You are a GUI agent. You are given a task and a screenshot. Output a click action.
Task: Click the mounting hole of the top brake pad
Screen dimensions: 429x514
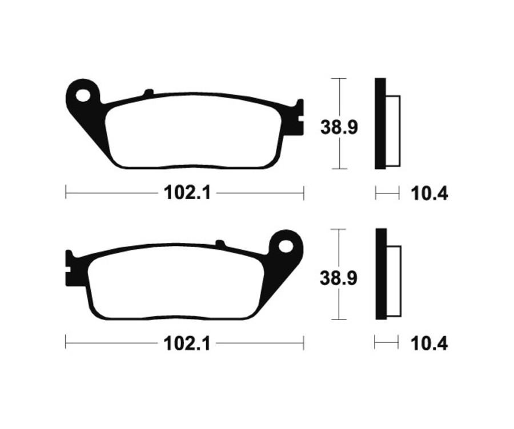pos(85,94)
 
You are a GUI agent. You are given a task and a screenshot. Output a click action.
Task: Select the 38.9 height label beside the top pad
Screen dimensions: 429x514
pos(339,127)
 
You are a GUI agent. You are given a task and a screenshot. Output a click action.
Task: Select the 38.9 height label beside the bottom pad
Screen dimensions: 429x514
pos(339,278)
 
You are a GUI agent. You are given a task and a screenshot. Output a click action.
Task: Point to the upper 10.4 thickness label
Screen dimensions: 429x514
pos(429,194)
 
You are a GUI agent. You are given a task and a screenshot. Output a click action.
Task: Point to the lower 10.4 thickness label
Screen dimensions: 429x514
pos(429,343)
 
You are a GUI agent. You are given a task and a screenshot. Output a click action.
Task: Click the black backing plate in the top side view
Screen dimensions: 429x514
pos(380,123)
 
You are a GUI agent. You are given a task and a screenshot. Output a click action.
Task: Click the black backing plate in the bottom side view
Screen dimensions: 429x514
pos(380,274)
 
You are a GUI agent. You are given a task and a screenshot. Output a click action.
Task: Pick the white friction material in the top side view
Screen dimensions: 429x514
pos(393,131)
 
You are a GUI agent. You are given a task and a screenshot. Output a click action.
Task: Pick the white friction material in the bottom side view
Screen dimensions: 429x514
pos(393,281)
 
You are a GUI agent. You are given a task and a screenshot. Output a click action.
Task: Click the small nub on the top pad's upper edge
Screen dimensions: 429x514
pos(148,92)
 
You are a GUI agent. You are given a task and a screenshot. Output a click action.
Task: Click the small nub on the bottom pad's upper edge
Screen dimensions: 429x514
pos(220,244)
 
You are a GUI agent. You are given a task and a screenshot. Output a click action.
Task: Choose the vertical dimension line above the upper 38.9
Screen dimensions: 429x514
pos(340,97)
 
